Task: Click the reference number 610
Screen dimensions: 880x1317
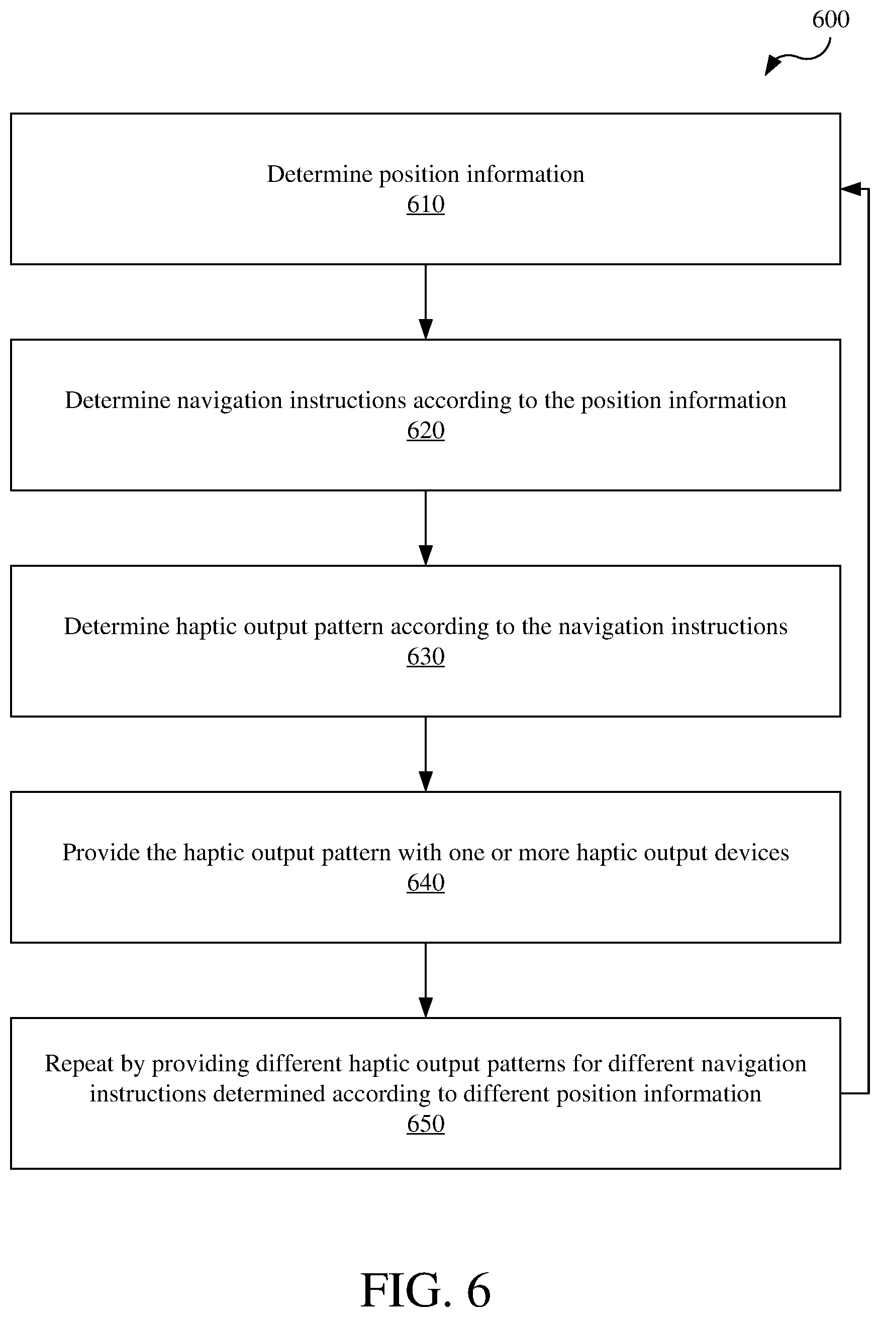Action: (x=425, y=204)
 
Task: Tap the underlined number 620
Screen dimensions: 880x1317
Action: (x=425, y=431)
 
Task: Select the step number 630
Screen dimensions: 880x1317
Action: (x=425, y=657)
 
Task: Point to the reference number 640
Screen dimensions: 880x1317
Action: (x=425, y=883)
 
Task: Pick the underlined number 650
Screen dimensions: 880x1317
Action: (x=425, y=1124)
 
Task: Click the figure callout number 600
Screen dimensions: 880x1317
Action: (x=831, y=20)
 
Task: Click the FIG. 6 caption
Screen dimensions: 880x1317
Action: (x=425, y=1291)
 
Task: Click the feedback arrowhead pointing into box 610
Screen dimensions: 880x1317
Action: (x=851, y=189)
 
